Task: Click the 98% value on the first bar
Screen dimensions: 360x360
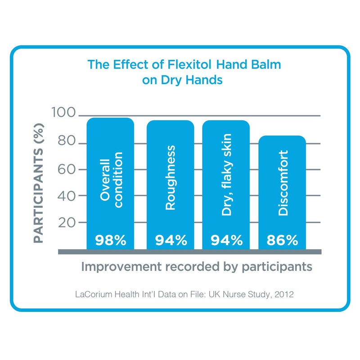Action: [110, 240]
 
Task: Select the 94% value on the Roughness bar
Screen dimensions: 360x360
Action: [171, 240]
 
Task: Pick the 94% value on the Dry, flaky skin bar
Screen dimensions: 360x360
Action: [226, 240]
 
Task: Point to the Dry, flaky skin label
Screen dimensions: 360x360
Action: [226, 175]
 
